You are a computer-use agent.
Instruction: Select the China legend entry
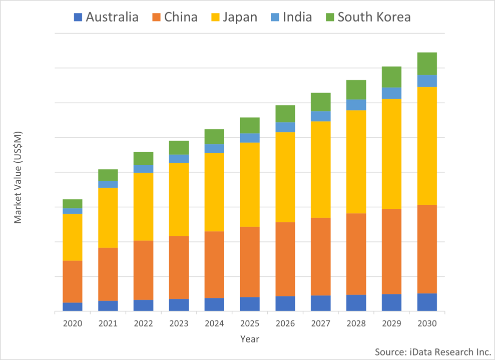(x=175, y=17)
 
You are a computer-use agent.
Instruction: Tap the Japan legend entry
(x=233, y=17)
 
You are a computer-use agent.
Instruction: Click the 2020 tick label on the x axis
(x=73, y=323)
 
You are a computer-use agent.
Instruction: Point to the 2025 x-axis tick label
(x=250, y=323)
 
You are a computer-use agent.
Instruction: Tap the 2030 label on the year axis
(x=427, y=323)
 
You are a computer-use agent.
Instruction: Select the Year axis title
(x=250, y=339)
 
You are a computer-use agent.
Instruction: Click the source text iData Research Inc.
(x=433, y=352)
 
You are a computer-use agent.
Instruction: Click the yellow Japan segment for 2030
(x=427, y=146)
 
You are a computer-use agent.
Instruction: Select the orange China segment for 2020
(x=73, y=281)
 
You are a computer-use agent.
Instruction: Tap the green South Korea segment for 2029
(x=391, y=77)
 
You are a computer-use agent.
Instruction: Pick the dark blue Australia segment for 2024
(x=214, y=304)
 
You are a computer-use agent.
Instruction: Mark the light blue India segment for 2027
(x=320, y=116)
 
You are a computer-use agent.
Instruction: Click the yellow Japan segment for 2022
(x=144, y=206)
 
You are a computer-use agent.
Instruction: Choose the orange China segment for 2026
(x=285, y=259)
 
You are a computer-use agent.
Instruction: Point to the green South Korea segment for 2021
(x=108, y=175)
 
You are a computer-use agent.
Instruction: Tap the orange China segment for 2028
(x=356, y=254)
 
